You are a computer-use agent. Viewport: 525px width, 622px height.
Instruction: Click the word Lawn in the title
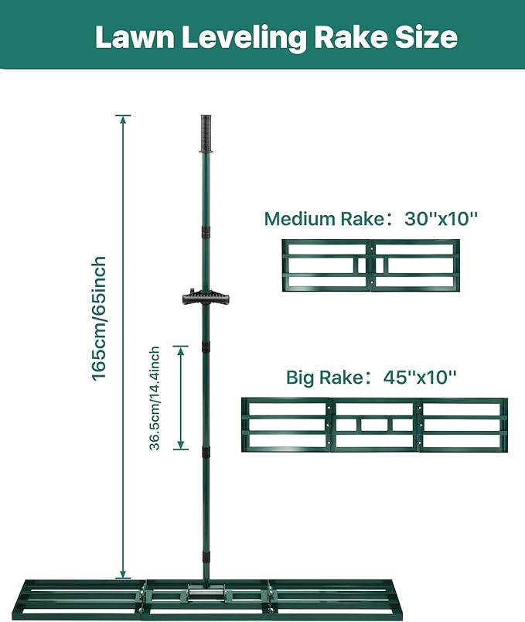135,37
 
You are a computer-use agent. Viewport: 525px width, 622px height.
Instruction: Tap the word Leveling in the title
244,38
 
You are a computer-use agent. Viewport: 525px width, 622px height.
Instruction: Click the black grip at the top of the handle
206,134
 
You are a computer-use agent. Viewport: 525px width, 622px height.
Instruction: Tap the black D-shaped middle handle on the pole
206,298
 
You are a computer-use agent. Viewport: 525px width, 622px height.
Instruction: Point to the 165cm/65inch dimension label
99,318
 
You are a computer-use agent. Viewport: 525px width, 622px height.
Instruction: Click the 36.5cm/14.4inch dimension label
155,398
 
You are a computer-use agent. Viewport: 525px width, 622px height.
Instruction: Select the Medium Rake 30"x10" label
371,219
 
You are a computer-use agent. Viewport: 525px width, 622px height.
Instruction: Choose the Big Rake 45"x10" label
371,377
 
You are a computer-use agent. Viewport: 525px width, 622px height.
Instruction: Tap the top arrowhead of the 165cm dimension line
123,119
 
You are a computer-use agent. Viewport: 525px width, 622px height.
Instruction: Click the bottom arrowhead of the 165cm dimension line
123,574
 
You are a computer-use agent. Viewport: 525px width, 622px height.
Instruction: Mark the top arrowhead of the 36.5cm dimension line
181,350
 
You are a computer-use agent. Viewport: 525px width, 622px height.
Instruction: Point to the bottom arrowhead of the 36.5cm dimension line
181,445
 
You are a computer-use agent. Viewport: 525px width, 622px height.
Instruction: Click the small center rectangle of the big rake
374,425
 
